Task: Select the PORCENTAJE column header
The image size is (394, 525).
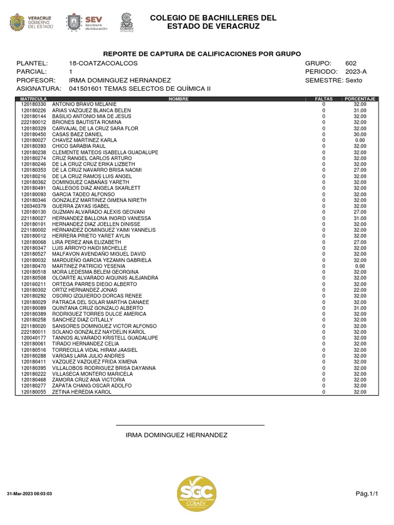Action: (x=361, y=99)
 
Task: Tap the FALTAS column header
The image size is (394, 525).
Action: (x=324, y=99)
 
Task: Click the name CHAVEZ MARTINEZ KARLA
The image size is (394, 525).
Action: (x=77, y=140)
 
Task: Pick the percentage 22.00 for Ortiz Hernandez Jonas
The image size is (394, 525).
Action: (x=360, y=290)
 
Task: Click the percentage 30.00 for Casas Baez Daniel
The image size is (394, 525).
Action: (x=360, y=134)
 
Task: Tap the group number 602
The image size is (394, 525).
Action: (x=351, y=63)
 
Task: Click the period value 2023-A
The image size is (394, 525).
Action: (x=357, y=71)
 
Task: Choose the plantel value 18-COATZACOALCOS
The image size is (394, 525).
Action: (x=103, y=63)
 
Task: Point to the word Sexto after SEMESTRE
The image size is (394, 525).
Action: (x=353, y=80)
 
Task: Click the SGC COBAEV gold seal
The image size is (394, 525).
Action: (x=196, y=493)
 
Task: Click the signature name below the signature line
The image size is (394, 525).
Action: (x=176, y=435)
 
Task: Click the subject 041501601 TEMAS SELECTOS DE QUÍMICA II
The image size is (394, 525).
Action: (x=140, y=89)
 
